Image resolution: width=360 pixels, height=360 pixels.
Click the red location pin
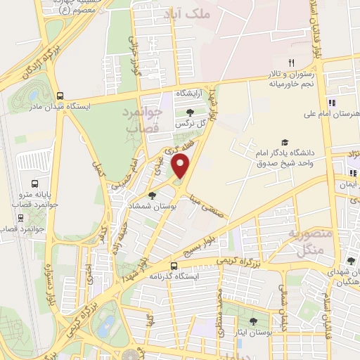(x=181, y=167)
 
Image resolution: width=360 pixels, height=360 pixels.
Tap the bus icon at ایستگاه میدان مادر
(x=60, y=96)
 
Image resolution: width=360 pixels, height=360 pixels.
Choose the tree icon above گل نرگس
(x=191, y=112)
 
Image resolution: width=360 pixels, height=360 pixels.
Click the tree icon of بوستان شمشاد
(x=152, y=195)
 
